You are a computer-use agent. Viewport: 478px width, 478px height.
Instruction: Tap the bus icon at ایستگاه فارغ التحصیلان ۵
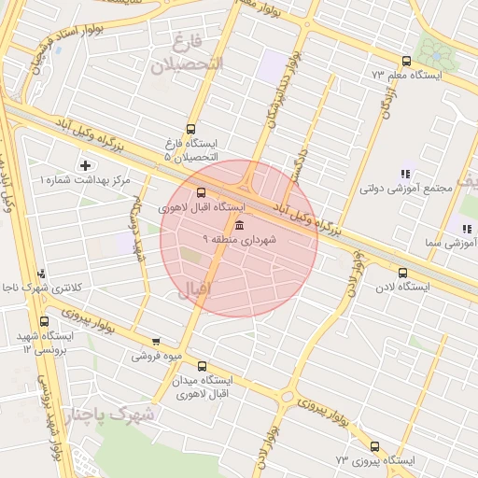coord(191,130)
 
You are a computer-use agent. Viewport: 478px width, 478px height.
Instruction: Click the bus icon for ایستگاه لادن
coord(402,274)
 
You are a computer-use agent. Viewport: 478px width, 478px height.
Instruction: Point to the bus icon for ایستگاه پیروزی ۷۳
coord(374,446)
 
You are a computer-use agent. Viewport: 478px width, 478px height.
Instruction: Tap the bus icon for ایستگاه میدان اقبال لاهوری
coord(203,367)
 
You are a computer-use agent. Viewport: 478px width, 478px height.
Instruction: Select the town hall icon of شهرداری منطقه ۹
coord(240,227)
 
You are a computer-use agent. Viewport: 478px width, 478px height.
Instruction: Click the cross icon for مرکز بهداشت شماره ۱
coord(86,165)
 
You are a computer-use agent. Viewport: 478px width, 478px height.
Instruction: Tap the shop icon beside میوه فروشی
coord(155,342)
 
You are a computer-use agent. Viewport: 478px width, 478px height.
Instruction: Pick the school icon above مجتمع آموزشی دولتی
coord(405,174)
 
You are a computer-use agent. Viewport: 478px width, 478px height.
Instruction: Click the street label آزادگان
coord(385,97)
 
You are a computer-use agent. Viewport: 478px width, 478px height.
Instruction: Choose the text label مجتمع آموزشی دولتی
coord(405,188)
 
